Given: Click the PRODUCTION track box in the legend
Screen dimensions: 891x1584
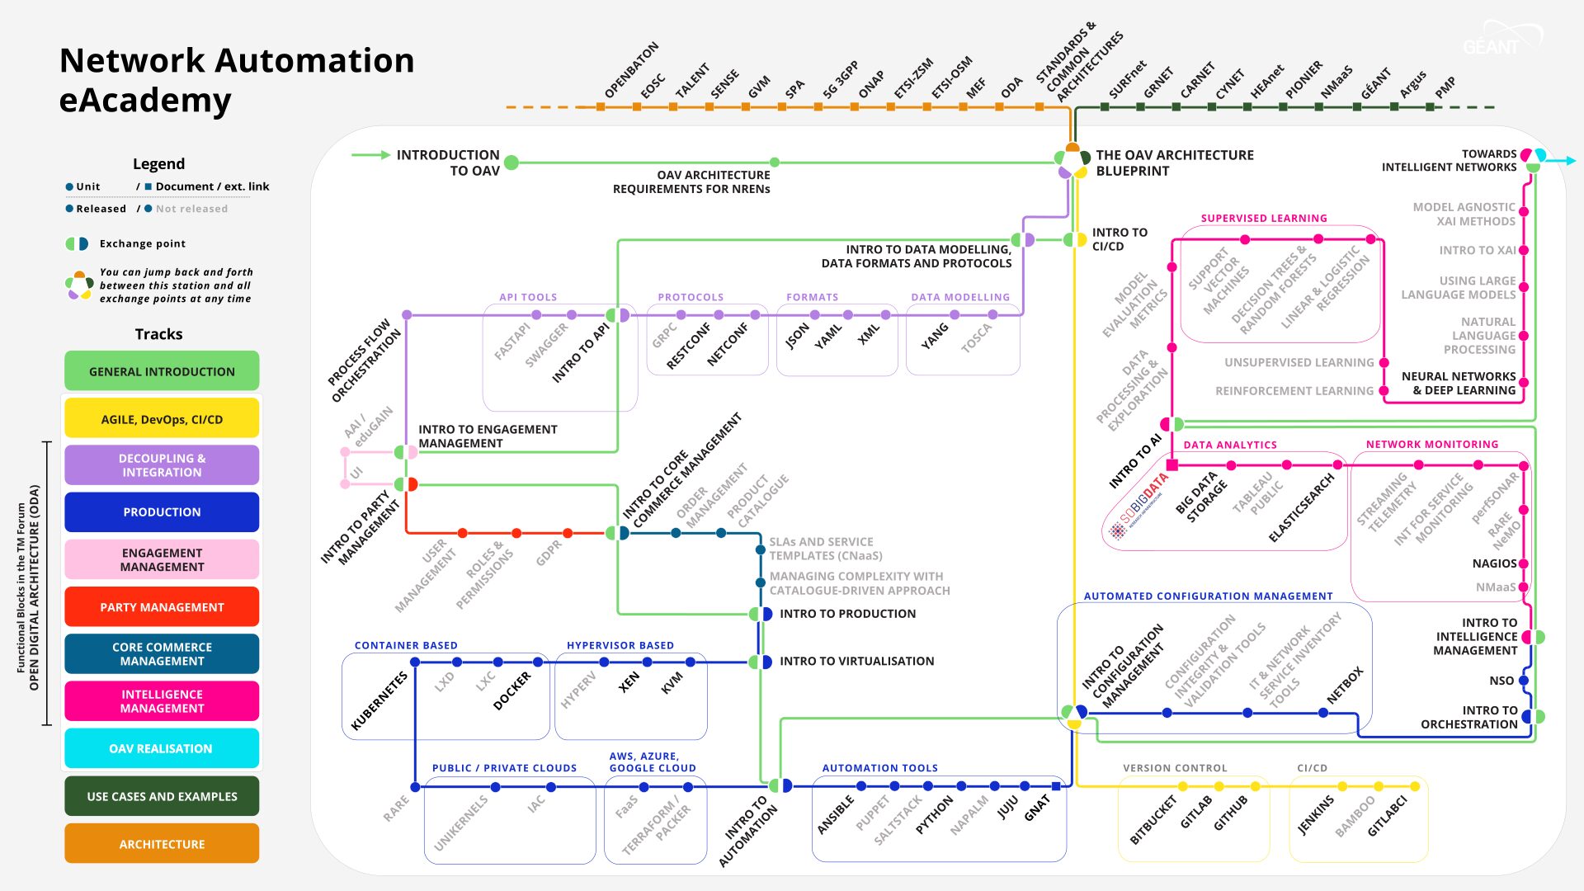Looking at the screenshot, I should (162, 512).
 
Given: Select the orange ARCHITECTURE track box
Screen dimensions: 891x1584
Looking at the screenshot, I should (162, 844).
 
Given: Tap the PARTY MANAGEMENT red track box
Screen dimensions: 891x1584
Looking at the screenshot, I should (162, 607).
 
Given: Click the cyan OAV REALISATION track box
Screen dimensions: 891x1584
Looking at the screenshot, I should (162, 748).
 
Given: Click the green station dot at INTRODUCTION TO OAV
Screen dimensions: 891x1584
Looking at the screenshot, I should (511, 163).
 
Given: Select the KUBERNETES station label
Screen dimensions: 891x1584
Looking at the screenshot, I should (379, 701).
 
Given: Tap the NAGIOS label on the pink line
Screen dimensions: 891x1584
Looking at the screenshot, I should (1494, 563).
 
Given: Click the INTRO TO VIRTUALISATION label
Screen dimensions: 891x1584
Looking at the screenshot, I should (856, 661).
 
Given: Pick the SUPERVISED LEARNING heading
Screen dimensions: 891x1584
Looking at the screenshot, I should (1264, 219).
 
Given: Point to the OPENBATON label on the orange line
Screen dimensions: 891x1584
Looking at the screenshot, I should (632, 70).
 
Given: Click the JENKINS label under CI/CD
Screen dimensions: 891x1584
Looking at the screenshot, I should (1316, 815).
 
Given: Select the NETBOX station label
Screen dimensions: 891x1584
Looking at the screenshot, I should (1345, 686).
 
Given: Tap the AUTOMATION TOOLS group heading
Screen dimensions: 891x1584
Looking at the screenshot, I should (879, 768).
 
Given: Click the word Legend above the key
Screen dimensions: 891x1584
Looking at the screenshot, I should (158, 163).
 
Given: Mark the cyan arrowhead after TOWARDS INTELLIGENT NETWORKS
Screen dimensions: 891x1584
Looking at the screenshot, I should (1570, 161).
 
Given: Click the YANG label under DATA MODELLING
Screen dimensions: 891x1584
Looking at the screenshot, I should (935, 336).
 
